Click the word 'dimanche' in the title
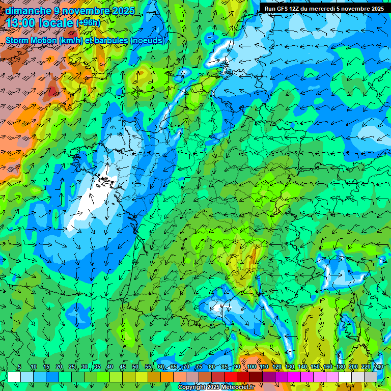(27, 11)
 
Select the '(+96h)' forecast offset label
(88, 23)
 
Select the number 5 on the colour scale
(19, 367)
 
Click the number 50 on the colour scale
(135, 367)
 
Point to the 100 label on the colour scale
(252, 367)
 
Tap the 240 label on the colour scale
(378, 367)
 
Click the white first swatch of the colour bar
(14, 377)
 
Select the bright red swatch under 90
(231, 377)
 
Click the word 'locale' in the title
(55, 23)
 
